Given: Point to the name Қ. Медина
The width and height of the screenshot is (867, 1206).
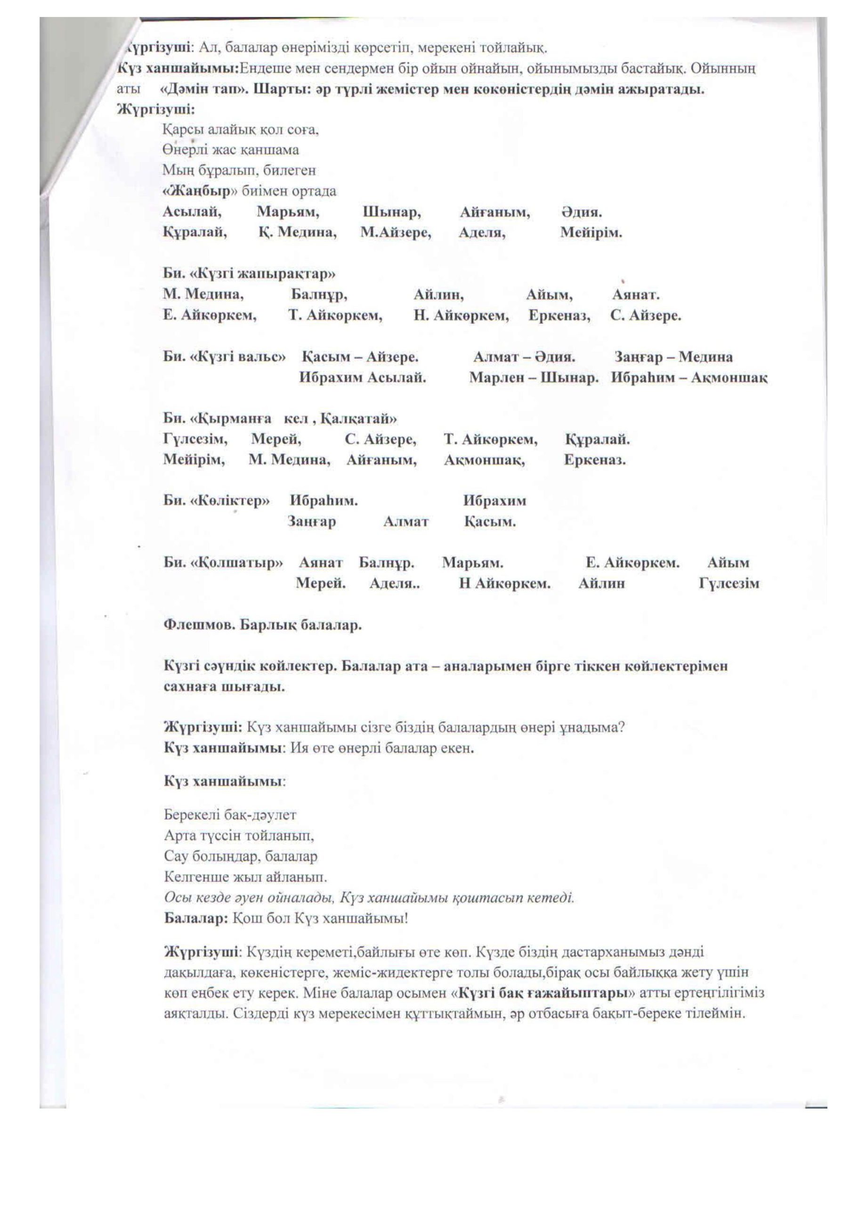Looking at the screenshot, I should (298, 232).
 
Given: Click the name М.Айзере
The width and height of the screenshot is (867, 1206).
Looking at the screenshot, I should (396, 232).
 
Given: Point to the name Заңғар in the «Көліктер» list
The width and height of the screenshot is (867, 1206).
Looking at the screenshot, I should (311, 521).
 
